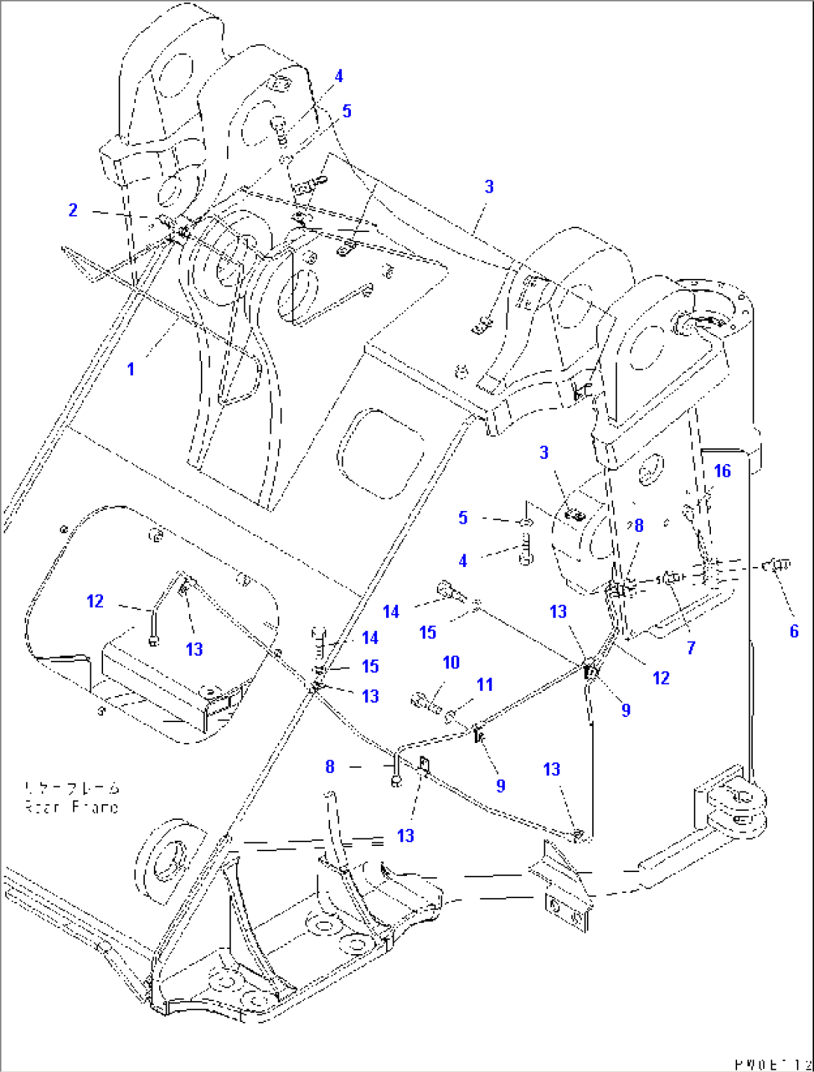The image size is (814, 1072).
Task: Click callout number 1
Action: click(x=131, y=369)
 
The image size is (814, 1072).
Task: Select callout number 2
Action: click(x=72, y=210)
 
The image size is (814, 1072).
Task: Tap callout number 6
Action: click(x=794, y=631)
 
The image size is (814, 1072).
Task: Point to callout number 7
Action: click(x=691, y=648)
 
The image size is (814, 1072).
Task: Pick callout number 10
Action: click(x=451, y=662)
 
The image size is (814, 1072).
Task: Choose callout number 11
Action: click(x=485, y=684)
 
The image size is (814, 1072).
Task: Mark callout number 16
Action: click(x=722, y=471)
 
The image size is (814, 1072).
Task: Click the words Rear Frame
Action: click(x=72, y=807)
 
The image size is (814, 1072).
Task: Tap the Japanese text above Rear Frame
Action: click(x=72, y=788)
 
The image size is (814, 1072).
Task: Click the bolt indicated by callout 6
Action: click(x=779, y=566)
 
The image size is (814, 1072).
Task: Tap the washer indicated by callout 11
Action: click(x=451, y=717)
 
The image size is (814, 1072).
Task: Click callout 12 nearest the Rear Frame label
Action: click(x=95, y=601)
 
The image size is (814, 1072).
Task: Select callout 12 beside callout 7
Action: click(x=661, y=677)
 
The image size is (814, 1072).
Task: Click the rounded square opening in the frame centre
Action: click(x=381, y=453)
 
